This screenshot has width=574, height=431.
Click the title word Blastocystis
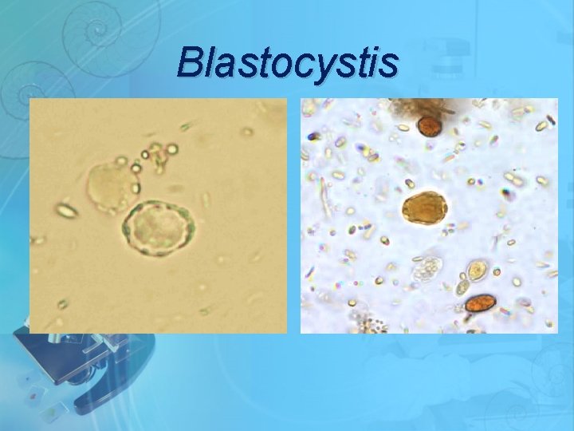[287, 62]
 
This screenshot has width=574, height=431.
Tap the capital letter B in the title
[192, 62]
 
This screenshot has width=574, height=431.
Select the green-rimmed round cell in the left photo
[158, 229]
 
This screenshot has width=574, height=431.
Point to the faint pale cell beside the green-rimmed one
[110, 185]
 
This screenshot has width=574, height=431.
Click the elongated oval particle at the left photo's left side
[66, 211]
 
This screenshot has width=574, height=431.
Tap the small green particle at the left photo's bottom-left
[61, 304]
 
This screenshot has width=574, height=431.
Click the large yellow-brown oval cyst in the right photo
[425, 208]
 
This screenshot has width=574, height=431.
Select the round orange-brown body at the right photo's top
[431, 126]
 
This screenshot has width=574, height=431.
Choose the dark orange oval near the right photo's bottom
[480, 303]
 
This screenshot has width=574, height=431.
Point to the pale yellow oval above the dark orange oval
[478, 270]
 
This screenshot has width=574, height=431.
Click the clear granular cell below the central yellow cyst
[427, 269]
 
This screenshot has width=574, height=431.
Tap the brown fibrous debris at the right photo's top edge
[422, 107]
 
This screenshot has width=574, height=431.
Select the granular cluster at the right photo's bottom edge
[369, 324]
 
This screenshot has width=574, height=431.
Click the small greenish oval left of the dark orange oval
[462, 287]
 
